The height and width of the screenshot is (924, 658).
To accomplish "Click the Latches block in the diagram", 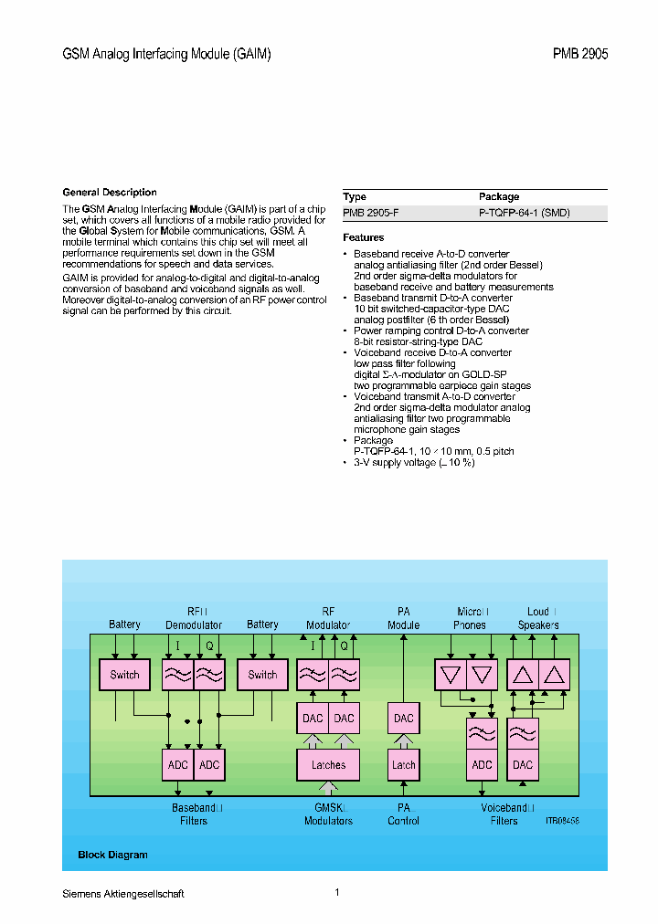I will pos(328,765).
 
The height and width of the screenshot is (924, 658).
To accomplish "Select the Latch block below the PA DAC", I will pos(403,765).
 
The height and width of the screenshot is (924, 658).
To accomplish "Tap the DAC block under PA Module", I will pos(403,719).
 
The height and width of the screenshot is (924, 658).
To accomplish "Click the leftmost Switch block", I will pos(124,675).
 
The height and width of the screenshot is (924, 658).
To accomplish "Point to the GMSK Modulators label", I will pos(328,814).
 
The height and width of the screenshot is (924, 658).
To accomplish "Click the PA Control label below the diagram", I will pos(403,814).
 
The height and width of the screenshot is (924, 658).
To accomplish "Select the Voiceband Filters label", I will pos(504,814).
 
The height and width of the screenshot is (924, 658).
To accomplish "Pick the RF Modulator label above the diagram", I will pos(328,618).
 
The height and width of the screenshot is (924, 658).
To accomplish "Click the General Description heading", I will pos(109,193).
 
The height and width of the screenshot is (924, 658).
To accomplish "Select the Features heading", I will pos(363,237).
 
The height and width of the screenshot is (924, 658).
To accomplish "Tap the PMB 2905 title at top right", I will pos(579,54).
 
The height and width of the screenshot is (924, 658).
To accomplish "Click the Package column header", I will pos(498,196).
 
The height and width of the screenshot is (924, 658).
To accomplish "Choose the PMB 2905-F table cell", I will pos(370,213).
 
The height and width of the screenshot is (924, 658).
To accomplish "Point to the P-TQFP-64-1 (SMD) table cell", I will pos(524,213).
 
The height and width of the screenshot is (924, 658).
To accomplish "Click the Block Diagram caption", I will pos(112,855).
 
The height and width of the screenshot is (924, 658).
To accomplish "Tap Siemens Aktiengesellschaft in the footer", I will pos(122,894).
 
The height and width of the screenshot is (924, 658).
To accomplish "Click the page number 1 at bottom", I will pos(337,892).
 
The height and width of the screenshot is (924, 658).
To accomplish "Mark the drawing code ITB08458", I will pos(562,821).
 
